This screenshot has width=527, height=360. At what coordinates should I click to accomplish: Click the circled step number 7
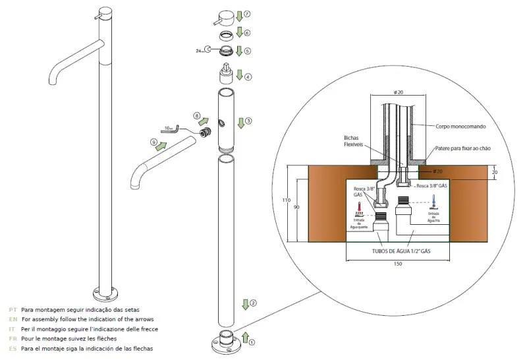(247, 14)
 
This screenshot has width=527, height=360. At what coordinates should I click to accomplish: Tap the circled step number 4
(248, 77)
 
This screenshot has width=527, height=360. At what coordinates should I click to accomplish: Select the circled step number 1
(250, 342)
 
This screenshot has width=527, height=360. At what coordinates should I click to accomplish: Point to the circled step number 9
(154, 142)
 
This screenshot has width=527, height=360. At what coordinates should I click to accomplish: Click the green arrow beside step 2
(244, 304)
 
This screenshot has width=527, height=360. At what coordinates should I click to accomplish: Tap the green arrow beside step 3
(240, 121)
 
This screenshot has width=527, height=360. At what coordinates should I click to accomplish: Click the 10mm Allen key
(175, 129)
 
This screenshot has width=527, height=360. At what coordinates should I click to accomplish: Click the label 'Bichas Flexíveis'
(354, 142)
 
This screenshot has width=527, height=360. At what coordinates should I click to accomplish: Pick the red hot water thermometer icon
(360, 209)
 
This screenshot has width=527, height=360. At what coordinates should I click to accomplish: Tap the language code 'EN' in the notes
(13, 318)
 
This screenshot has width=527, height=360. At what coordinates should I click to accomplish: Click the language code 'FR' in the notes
(13, 338)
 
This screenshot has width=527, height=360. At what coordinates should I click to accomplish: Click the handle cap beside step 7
(227, 16)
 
